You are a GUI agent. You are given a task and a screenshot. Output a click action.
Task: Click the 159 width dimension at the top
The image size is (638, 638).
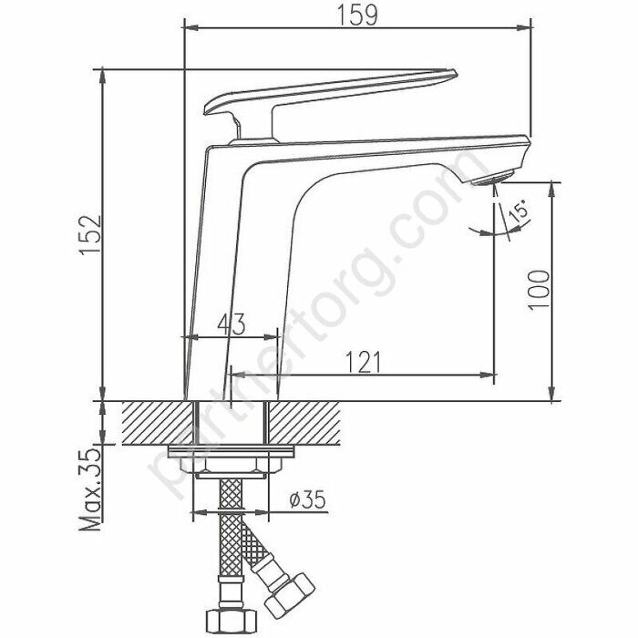(x=357, y=15)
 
